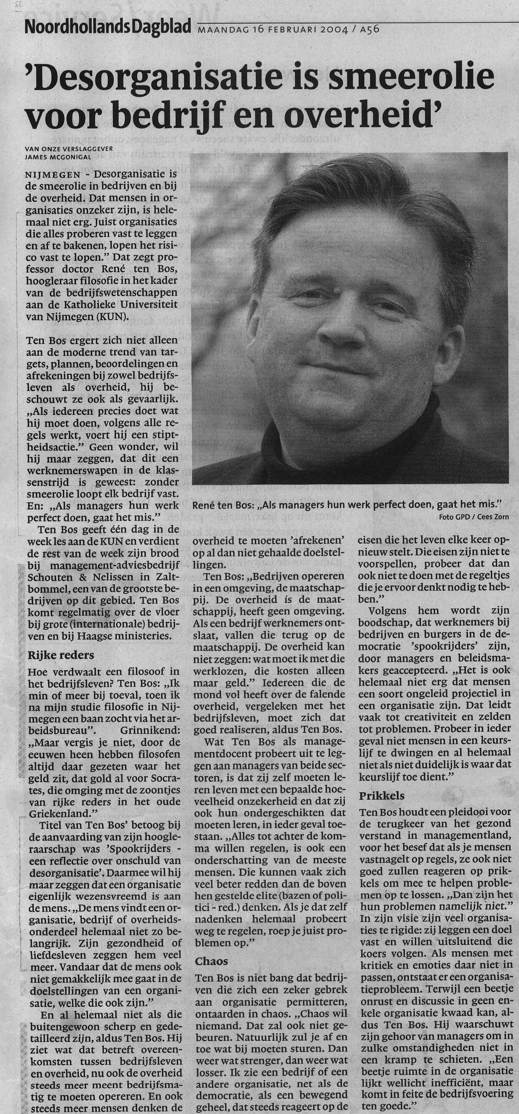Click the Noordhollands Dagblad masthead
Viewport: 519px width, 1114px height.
tap(108, 28)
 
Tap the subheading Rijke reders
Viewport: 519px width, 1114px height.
tap(61, 655)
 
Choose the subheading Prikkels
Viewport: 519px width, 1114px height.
tap(382, 796)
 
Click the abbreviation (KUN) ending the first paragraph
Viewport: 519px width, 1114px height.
tap(115, 317)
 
